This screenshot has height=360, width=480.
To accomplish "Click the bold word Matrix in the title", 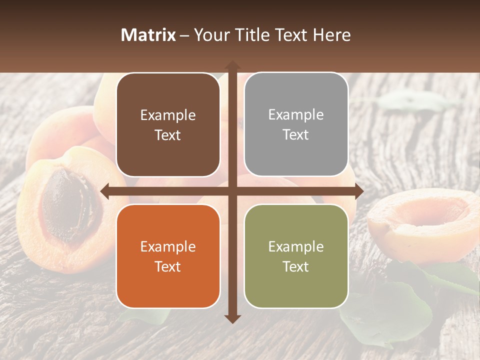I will pos(148,35).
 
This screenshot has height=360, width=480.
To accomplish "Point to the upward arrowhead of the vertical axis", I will pos(232,65).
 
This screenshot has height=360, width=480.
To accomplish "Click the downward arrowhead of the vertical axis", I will pos(232,318).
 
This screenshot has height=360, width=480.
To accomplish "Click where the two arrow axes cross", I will pos(232,191).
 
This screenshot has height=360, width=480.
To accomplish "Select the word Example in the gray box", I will pos(296,114).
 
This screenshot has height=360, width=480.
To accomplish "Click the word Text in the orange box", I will pos(168,266).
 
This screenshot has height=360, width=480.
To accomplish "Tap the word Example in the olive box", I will pos(296,246).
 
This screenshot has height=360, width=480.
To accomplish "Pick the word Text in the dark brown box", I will pos(168,135).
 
